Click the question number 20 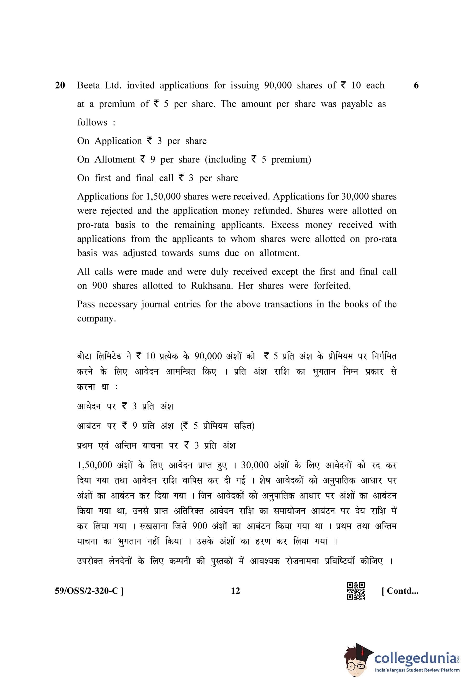pyautogui.click(x=60, y=86)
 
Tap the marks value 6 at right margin pyautogui.click(x=416, y=86)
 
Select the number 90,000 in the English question pyautogui.click(x=278, y=86)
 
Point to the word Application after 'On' pyautogui.click(x=118, y=141)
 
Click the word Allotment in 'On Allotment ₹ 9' pyautogui.click(x=115, y=159)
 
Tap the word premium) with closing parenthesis pyautogui.click(x=291, y=160)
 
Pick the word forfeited pyautogui.click(x=332, y=286)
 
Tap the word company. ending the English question pyautogui.click(x=96, y=319)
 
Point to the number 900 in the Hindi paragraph pyautogui.click(x=200, y=526)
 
